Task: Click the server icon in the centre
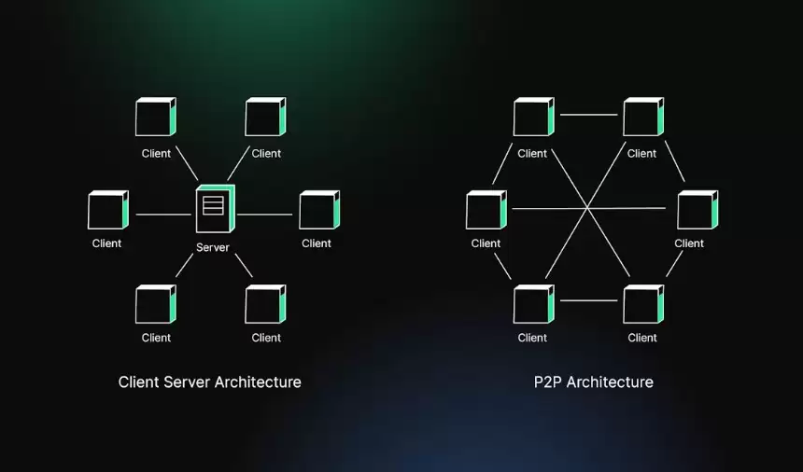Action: point(214,209)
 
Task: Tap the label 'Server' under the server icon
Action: point(213,247)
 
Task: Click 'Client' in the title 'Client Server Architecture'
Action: point(140,382)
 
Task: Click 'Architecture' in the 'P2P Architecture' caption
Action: point(610,382)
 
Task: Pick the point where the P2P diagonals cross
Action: point(587,207)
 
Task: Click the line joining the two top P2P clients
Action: point(588,115)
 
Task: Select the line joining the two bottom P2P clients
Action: point(588,300)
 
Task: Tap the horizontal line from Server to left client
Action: point(163,215)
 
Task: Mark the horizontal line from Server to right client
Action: point(264,215)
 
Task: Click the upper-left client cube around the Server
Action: point(155,118)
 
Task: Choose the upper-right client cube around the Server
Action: point(265,118)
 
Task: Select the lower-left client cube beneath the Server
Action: point(155,304)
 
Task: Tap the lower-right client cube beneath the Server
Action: point(265,304)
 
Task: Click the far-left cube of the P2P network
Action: point(486,210)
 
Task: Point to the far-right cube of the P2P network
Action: point(697,210)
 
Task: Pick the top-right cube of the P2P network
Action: point(642,118)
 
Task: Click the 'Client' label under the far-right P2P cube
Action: point(689,243)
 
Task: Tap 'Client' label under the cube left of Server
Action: point(107,243)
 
